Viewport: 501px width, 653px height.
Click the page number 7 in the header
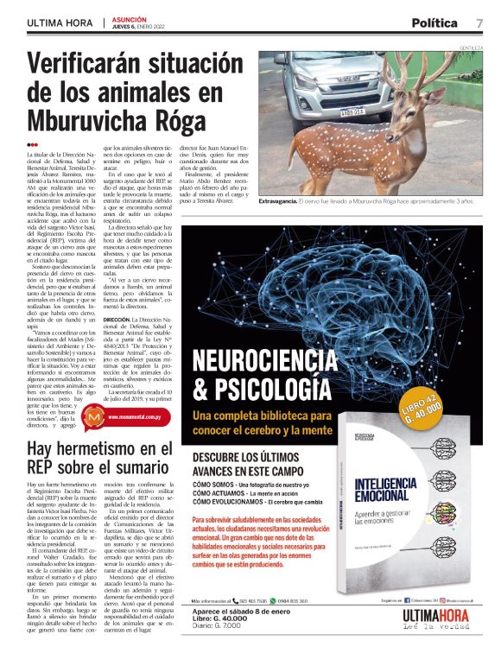(x=479, y=22)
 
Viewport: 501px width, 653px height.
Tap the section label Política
(x=434, y=22)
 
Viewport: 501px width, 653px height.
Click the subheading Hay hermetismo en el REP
(x=99, y=458)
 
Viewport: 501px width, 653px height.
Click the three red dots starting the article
(x=33, y=144)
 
